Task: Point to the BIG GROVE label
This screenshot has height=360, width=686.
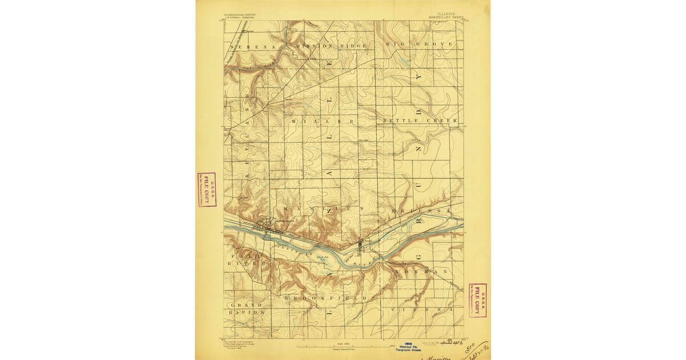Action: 419,44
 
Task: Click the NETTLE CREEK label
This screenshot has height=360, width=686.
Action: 420,121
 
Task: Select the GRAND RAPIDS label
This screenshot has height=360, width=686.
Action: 246,309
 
